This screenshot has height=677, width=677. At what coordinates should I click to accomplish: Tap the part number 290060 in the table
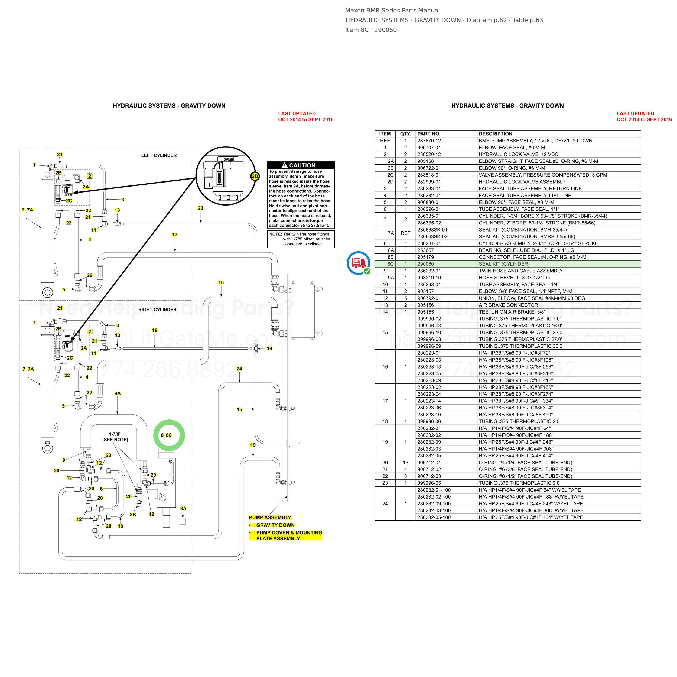point(425,264)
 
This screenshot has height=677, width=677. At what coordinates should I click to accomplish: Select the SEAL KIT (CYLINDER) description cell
point(504,264)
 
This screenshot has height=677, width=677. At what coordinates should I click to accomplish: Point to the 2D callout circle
point(255,176)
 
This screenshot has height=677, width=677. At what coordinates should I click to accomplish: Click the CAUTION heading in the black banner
point(302,165)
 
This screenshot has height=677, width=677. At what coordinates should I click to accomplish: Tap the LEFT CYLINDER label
point(159,155)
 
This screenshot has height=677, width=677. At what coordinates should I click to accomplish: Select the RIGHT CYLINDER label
point(157,310)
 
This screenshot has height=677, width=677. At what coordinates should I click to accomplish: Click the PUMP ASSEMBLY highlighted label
point(270,517)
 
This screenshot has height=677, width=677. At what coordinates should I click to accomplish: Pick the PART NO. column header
point(429,134)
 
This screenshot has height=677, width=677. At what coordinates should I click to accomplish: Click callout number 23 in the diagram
point(200,208)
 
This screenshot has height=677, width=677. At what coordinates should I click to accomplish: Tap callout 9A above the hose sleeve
point(117,393)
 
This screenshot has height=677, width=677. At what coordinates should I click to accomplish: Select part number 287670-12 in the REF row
point(429,141)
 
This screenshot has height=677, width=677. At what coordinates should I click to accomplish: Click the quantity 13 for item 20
point(405,463)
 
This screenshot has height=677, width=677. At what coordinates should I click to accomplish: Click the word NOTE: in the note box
point(275,234)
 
